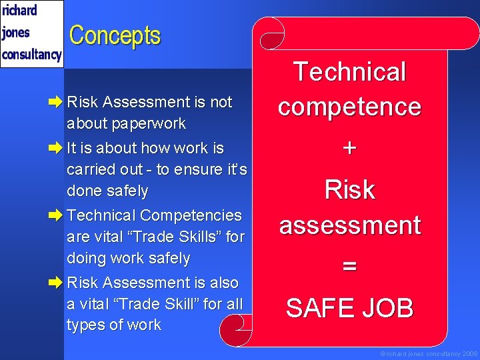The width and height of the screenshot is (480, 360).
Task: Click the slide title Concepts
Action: point(115,35)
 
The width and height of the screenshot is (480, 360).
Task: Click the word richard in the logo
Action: point(19,11)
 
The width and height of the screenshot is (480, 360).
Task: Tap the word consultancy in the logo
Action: point(31,54)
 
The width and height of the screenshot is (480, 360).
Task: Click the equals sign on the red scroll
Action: point(349,267)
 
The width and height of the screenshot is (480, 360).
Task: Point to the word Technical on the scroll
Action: point(349,72)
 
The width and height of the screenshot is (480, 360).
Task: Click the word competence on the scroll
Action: point(349,107)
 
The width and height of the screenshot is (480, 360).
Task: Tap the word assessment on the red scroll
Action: point(349,225)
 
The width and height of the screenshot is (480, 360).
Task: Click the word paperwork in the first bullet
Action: point(126,124)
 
